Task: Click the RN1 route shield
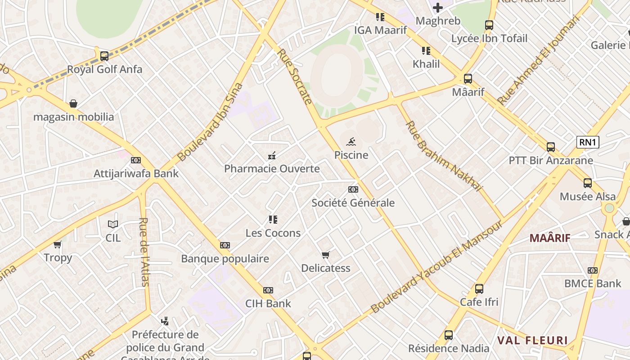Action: tap(588, 143)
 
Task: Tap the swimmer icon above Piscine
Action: tap(351, 142)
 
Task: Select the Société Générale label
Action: tap(353, 203)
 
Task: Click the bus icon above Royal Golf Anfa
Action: tap(104, 56)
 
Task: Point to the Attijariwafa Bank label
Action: tap(136, 174)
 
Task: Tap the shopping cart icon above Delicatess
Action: tap(326, 255)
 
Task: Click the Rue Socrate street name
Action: tap(295, 76)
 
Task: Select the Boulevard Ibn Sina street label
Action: tap(210, 122)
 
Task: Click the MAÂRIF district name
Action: tap(549, 238)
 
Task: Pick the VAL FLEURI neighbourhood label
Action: tap(532, 340)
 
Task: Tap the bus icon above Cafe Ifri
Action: tap(479, 288)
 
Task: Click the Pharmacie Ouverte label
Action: tap(272, 169)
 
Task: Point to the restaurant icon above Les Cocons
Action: tap(273, 220)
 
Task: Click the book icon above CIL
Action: tap(113, 224)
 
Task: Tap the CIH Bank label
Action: tap(268, 304)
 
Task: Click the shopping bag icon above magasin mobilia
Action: tap(73, 104)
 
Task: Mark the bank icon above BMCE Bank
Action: tap(593, 270)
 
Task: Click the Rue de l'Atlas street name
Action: tap(144, 252)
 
